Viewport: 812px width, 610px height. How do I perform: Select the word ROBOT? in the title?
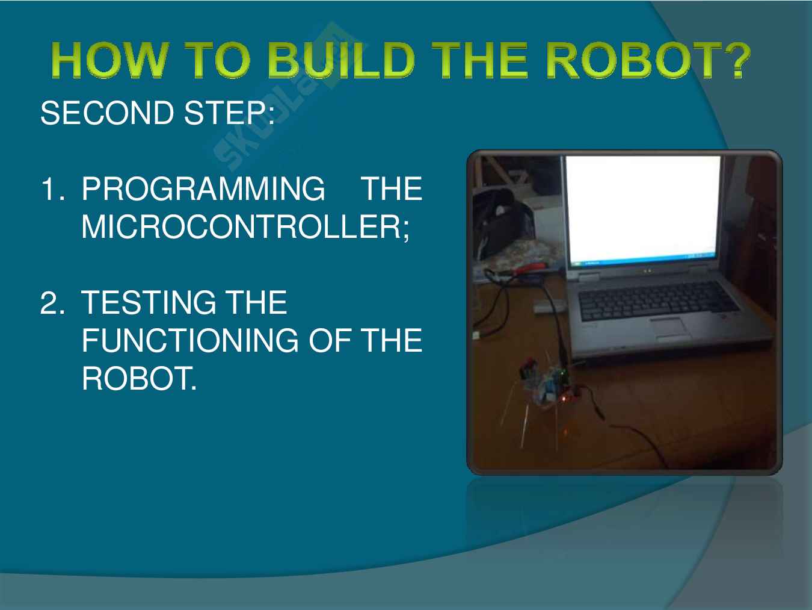(x=647, y=60)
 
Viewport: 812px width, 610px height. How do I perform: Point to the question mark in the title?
(x=734, y=60)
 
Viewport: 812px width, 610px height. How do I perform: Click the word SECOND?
(x=107, y=113)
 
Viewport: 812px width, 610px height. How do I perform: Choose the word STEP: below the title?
(x=229, y=113)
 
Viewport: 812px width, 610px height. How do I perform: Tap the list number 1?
(x=53, y=188)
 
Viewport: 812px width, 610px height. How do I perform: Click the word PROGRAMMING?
(x=203, y=188)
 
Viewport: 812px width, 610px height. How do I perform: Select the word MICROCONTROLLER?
(x=245, y=227)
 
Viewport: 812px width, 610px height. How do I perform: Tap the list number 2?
(x=52, y=302)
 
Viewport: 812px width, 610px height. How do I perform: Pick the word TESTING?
(x=149, y=302)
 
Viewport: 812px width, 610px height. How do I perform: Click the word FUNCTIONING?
(x=190, y=340)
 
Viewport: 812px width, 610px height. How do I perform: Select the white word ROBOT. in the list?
(x=139, y=378)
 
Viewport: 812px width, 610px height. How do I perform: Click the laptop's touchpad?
(x=669, y=328)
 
